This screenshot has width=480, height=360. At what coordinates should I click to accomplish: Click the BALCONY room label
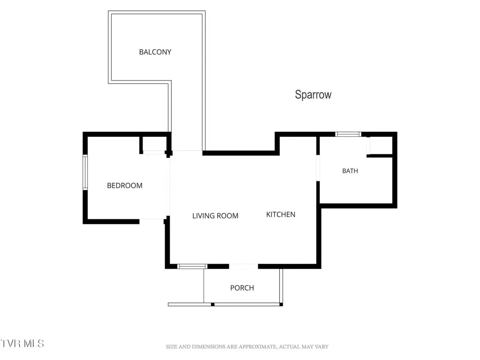155,52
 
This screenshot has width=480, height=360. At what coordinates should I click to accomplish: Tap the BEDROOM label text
125,186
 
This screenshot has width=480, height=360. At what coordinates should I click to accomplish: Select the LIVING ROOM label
215,216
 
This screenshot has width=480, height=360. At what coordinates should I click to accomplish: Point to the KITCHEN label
281,215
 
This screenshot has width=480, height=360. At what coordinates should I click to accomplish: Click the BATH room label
350,171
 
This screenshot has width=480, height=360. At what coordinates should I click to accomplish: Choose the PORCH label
242,288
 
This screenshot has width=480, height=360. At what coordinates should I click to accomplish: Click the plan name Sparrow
313,95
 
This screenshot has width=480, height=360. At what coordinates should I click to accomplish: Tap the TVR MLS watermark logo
22,344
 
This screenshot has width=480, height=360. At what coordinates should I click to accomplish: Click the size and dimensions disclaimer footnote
247,347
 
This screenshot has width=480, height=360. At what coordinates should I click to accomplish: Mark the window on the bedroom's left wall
85,172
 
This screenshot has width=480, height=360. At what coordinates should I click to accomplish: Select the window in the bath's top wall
348,134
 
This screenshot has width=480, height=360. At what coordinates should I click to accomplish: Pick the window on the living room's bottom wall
192,266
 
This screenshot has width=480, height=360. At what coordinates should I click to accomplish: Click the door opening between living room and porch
243,266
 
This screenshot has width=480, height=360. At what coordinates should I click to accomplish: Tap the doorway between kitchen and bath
318,168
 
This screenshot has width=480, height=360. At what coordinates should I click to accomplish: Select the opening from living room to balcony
187,151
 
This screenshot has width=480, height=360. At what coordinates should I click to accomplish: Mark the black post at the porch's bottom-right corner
281,305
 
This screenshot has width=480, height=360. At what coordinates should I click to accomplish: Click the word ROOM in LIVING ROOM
227,216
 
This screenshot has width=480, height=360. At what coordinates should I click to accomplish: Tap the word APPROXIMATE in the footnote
257,347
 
